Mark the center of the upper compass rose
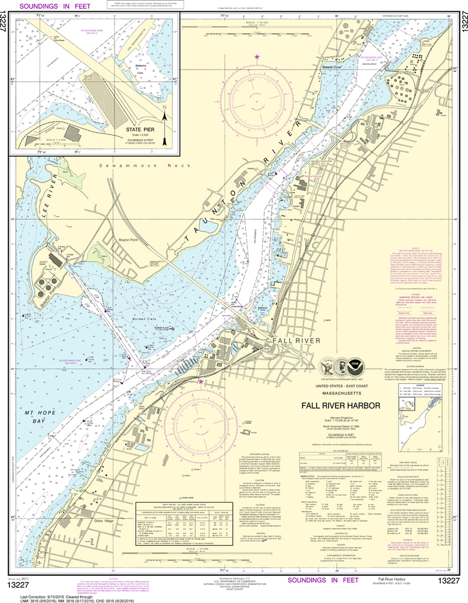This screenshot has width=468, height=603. tap(257, 107)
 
